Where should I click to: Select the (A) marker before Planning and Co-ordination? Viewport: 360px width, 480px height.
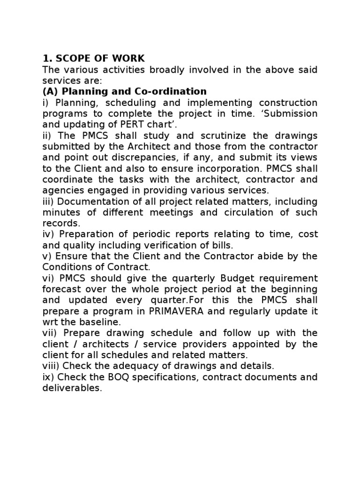point(51,91)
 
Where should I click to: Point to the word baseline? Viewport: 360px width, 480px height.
point(99,322)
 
